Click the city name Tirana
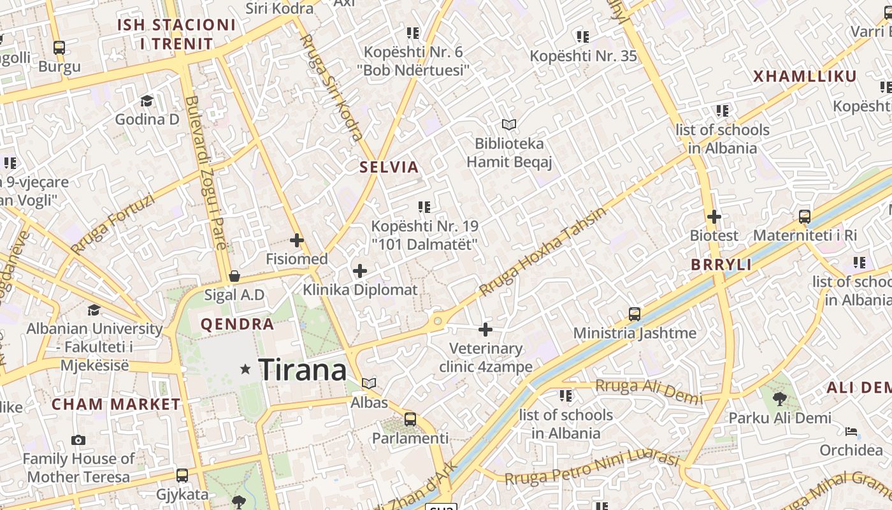coord(303,370)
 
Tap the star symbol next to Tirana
coord(245,369)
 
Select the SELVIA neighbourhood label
coord(389,168)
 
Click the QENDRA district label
coord(237,324)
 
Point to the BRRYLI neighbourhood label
coord(721,265)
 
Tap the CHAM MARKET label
coord(116,404)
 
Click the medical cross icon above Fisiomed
coord(297,240)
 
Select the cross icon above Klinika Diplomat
coord(360,271)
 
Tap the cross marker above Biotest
coord(714,217)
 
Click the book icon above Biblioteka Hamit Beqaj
coord(508,124)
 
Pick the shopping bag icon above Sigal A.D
coord(234,276)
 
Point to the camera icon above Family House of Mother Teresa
coord(78,440)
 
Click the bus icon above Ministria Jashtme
coord(635,314)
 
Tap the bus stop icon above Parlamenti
coord(410,419)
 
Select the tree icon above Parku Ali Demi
coord(779,399)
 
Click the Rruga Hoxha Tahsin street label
coord(542,252)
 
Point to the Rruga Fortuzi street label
coord(113,224)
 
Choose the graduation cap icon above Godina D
coord(147,101)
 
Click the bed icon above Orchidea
coord(851,432)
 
